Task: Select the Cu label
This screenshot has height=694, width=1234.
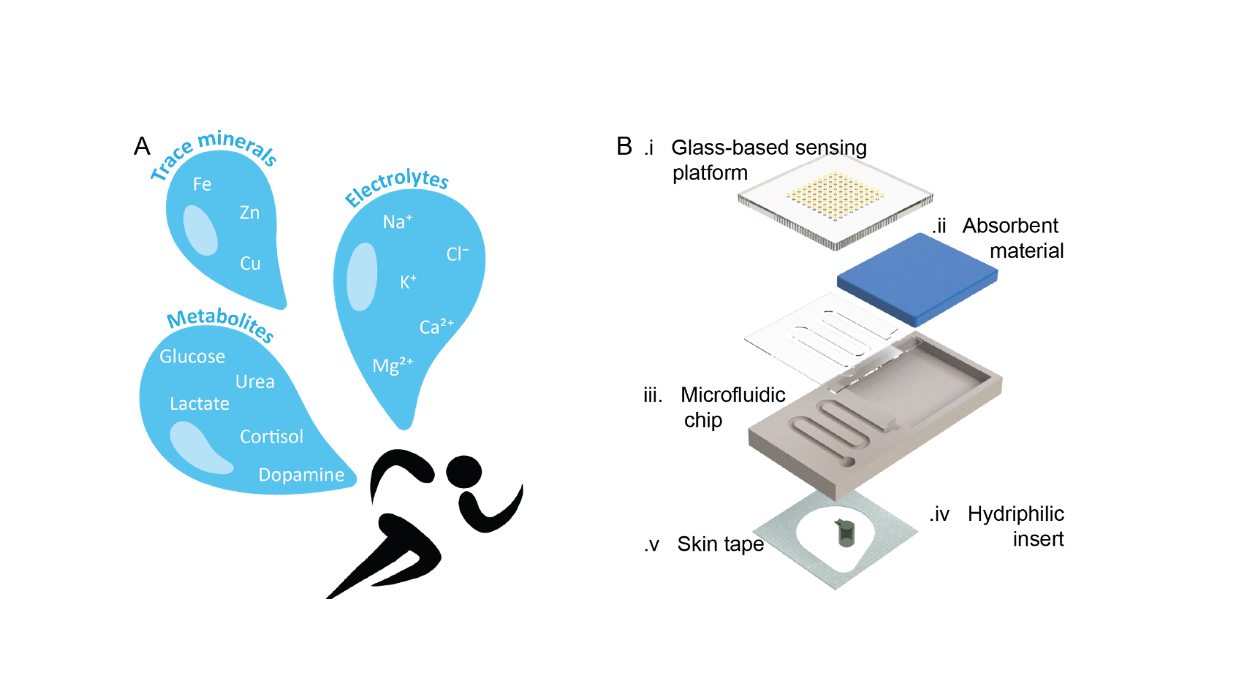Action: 250,263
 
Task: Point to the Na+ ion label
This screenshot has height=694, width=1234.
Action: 397,222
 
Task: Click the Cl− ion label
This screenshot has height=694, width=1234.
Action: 457,254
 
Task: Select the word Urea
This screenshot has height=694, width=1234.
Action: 255,382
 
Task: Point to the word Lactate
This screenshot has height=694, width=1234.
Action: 199,404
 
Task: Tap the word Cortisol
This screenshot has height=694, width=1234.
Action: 271,436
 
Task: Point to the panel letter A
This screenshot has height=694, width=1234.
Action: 142,146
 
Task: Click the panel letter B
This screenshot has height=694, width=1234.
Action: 624,146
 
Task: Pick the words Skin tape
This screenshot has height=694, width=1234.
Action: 720,544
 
